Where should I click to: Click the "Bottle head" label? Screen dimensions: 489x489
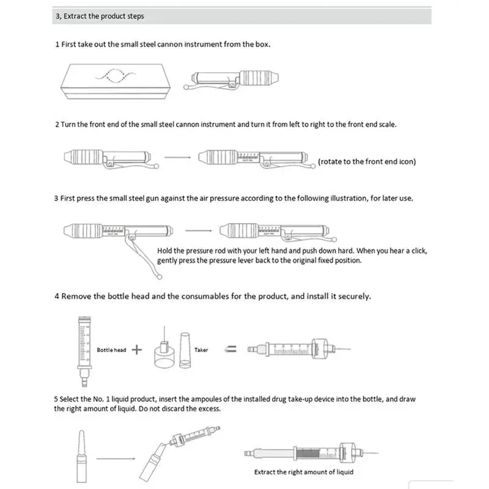pyautogui.click(x=111, y=350)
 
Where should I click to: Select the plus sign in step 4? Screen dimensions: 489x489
pyautogui.click(x=137, y=350)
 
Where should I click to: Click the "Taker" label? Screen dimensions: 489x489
pyautogui.click(x=201, y=350)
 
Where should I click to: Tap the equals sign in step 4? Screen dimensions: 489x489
pyautogui.click(x=232, y=350)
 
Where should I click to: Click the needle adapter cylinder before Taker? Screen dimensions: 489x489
pyautogui.click(x=163, y=355)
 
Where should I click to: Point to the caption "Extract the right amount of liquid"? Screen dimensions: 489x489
pyautogui.click(x=304, y=472)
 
